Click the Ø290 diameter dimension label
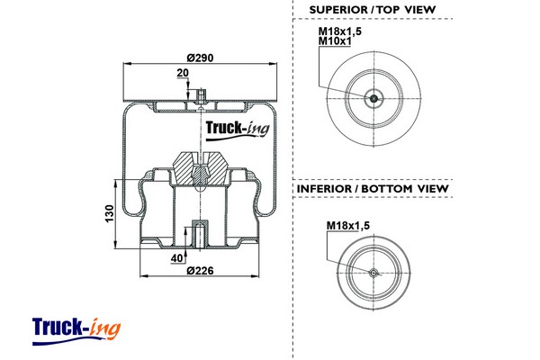199,57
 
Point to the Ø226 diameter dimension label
199,271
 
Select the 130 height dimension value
109,215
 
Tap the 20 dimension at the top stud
183,73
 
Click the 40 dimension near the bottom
178,258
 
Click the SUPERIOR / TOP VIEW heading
373,9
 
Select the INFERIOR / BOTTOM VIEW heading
373,189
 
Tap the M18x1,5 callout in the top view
338,32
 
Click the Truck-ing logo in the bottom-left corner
76,327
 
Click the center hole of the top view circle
374,98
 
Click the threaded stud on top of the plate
199,94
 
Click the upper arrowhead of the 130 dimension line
117,181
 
